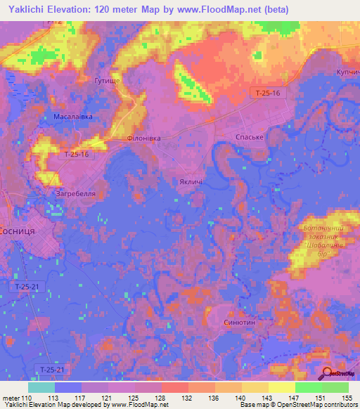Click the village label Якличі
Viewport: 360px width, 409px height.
click(x=191, y=182)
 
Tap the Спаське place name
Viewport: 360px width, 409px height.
click(x=249, y=137)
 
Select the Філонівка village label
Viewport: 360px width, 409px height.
click(x=143, y=138)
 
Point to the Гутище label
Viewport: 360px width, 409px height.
click(x=108, y=82)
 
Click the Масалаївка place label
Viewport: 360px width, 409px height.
click(x=73, y=117)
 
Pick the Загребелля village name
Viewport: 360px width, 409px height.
click(x=75, y=192)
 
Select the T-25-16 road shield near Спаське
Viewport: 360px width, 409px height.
click(x=267, y=92)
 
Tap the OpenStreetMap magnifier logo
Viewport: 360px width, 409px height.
click(x=328, y=375)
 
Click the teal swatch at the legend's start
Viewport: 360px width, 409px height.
click(x=41, y=387)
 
